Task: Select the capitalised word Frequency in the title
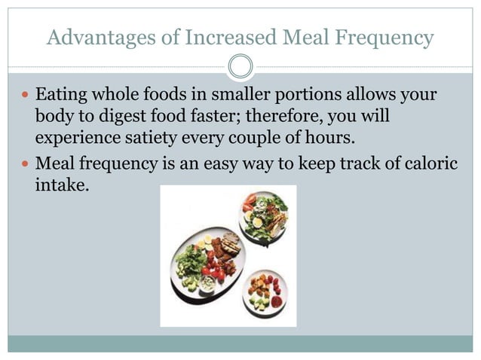(388, 37)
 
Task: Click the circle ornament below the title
(240, 67)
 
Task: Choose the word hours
(329, 139)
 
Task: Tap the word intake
(60, 184)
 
